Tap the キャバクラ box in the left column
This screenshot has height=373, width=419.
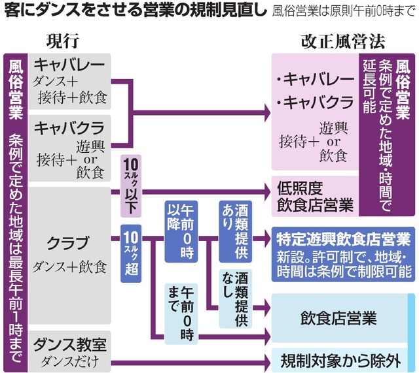click(x=70, y=148)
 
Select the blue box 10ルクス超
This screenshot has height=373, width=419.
click(x=130, y=251)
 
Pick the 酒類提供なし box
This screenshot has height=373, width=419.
click(x=234, y=297)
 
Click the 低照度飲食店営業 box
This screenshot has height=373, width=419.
click(x=315, y=196)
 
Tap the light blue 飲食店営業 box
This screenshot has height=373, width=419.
click(x=338, y=319)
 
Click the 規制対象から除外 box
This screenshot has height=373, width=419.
click(x=338, y=359)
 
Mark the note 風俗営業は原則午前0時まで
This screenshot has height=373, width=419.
click(x=344, y=10)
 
